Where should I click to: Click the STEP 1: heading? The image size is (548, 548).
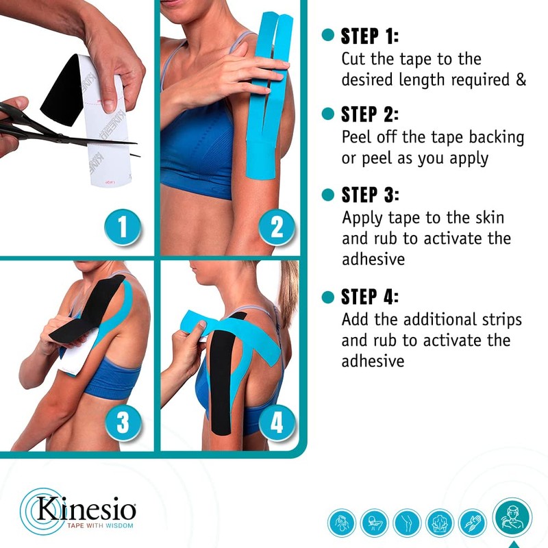pos(369,36)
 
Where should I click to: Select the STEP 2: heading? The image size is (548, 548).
pos(369,114)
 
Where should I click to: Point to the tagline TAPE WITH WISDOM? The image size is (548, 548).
pos(95,525)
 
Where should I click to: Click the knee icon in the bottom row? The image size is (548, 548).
pos(407,523)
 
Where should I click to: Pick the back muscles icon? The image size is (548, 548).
pos(440,523)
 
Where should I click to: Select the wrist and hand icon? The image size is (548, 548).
pos(473,523)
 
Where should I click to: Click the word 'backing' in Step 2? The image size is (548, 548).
pos(495,137)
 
